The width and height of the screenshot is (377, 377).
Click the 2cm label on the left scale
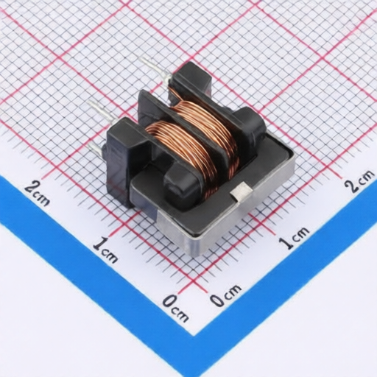click(x=38, y=194)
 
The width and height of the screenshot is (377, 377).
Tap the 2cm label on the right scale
click(x=359, y=180)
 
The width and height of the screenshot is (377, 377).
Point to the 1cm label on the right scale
click(x=294, y=237)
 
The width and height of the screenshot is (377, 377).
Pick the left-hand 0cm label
click(x=176, y=308)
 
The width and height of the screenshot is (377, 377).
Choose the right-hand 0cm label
click(x=225, y=295)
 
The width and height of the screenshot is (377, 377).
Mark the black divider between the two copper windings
click(x=186, y=127)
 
